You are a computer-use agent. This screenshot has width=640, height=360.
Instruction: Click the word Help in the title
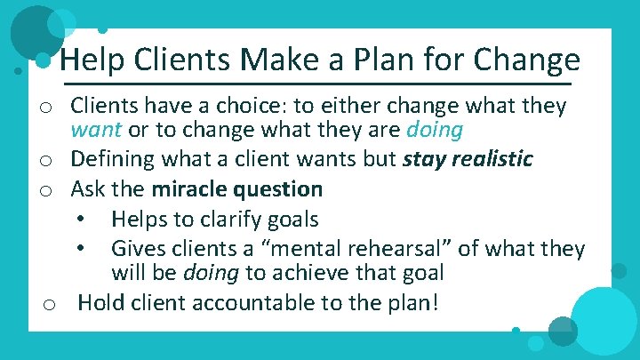click(91, 60)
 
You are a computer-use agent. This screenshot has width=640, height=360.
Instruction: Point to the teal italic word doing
click(434, 131)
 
